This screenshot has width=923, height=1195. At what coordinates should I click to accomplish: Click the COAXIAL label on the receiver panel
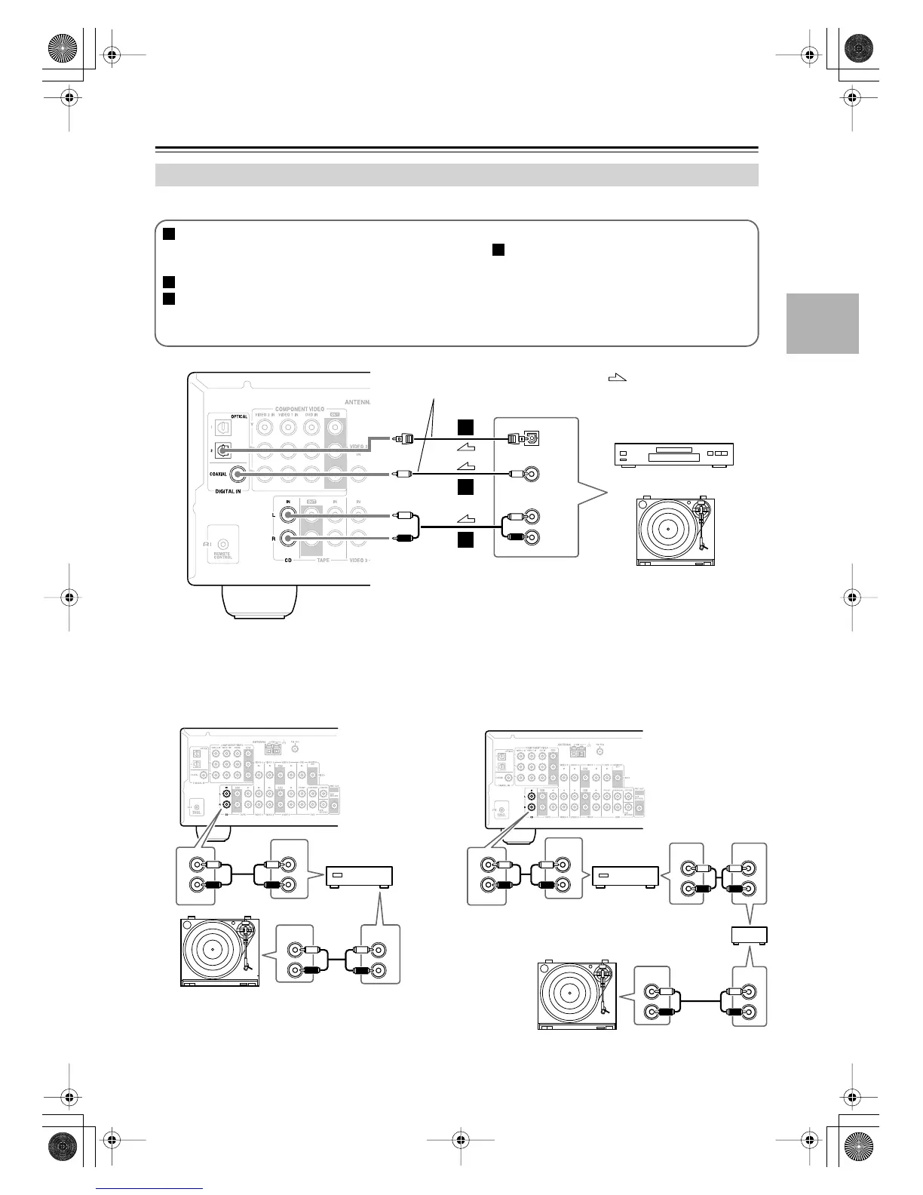click(x=217, y=475)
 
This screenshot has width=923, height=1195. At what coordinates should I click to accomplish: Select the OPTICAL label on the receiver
click(x=238, y=416)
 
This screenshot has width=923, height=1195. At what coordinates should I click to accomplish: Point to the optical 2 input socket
click(x=223, y=451)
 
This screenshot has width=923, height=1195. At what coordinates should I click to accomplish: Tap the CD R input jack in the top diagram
click(x=288, y=539)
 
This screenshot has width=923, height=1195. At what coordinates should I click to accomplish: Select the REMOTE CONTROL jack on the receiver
click(x=223, y=544)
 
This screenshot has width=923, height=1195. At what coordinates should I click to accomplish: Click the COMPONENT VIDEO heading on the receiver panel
click(x=300, y=409)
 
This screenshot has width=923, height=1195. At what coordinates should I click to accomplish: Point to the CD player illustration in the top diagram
click(x=672, y=455)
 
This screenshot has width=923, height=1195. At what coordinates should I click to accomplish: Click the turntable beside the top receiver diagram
click(x=675, y=532)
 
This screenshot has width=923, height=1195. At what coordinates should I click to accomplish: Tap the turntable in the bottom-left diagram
click(x=220, y=952)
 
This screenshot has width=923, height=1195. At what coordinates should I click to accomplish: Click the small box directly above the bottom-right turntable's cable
click(x=750, y=935)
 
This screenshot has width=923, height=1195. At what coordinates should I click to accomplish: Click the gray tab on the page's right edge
click(x=822, y=323)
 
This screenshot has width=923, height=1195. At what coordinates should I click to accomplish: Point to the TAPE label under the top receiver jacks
click(x=322, y=561)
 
